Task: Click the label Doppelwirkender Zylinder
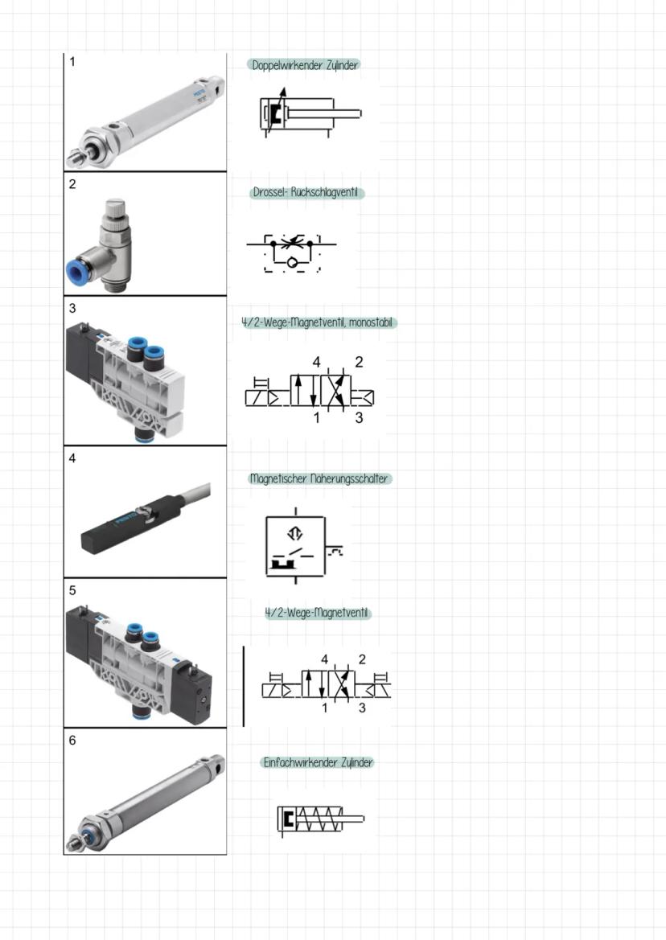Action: [303, 65]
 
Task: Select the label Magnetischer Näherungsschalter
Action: [320, 478]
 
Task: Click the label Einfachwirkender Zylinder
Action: [319, 762]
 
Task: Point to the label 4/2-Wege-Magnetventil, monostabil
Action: [319, 322]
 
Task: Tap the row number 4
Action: [72, 459]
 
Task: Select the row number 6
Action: [72, 741]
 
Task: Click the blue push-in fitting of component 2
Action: [77, 272]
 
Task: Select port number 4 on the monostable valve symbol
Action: [317, 363]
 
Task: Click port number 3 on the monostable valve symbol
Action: [360, 417]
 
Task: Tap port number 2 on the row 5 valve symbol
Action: [362, 659]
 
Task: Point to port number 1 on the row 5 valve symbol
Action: [325, 708]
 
